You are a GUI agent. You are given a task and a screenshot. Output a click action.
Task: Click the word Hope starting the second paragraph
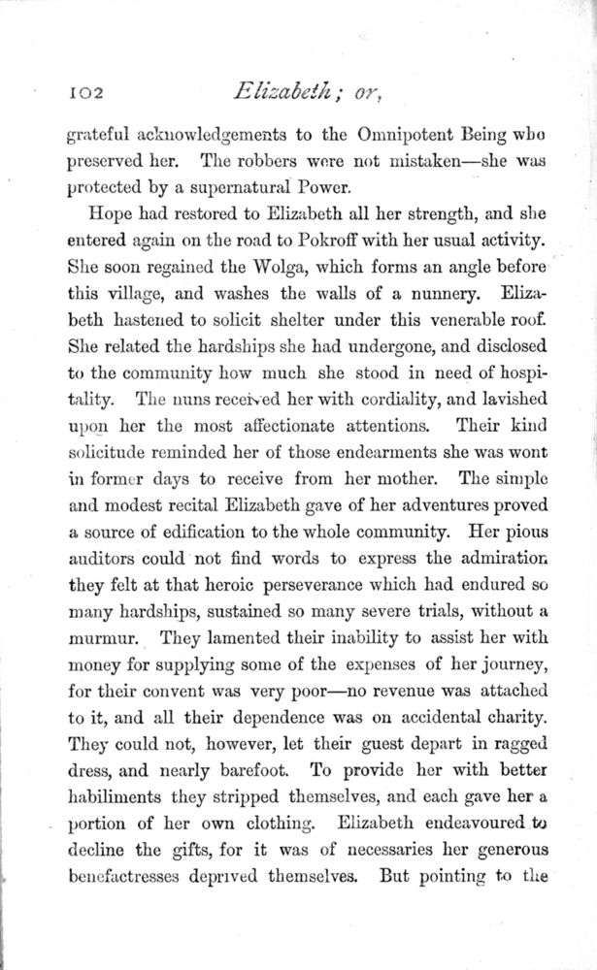(x=111, y=213)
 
